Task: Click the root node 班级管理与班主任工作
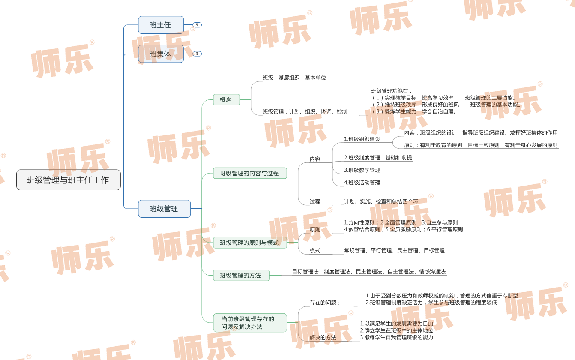[68, 180]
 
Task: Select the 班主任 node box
[161, 25]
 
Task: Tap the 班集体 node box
[161, 54]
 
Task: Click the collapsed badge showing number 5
[197, 25]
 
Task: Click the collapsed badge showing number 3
[197, 54]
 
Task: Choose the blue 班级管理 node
[164, 209]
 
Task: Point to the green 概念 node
[226, 100]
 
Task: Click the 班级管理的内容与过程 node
[250, 173]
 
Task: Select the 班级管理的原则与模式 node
[250, 243]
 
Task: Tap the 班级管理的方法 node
[241, 276]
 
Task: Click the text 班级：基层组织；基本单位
[294, 78]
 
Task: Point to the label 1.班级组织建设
[362, 139]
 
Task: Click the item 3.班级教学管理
[362, 170]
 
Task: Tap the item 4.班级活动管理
[362, 183]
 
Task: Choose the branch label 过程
[315, 201]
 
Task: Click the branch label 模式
[315, 251]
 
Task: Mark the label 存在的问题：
[325, 303]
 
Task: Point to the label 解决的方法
[323, 338]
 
